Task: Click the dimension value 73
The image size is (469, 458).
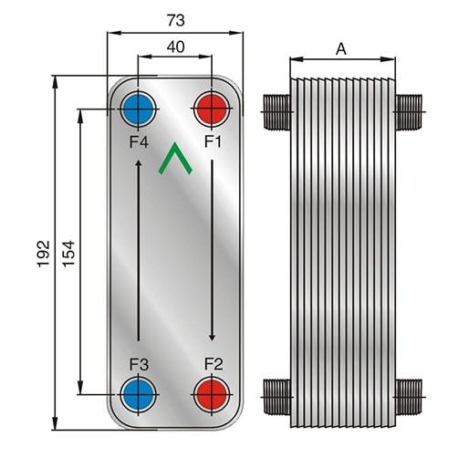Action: [175, 20]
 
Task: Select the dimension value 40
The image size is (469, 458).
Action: [175, 47]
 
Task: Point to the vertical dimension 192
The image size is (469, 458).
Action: [43, 254]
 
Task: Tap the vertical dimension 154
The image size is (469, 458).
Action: [68, 254]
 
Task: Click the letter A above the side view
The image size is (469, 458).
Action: [341, 49]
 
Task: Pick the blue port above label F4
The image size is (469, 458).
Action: [138, 109]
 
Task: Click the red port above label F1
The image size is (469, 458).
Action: [212, 109]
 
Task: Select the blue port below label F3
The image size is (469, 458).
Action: [139, 395]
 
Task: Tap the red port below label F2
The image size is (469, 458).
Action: [212, 395]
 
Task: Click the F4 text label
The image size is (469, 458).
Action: [139, 141]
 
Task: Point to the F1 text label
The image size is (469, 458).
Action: [213, 141]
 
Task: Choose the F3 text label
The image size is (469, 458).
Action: [139, 364]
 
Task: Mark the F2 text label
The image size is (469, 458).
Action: [214, 364]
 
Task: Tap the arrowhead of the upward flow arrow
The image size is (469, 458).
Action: [139, 163]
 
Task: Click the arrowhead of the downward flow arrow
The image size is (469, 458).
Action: [213, 338]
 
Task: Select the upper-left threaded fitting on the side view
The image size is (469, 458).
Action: [276, 112]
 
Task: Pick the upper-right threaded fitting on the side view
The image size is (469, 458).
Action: [409, 112]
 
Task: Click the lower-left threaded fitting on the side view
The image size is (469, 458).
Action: [276, 397]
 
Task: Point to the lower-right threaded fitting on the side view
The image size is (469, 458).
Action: [409, 397]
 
